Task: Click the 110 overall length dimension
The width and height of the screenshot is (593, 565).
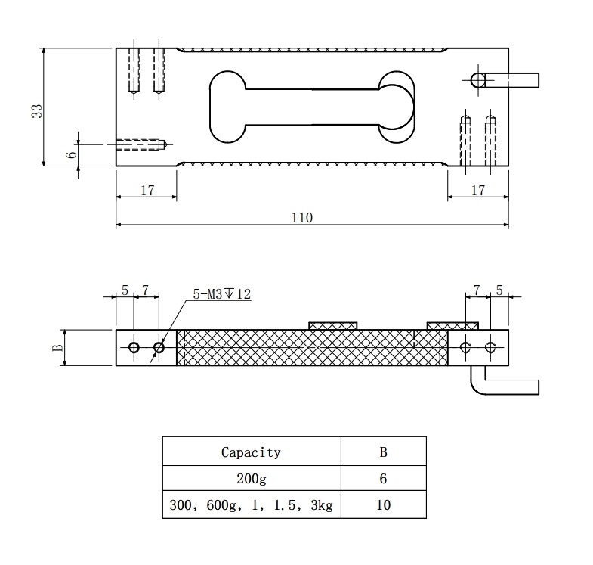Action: tap(302, 218)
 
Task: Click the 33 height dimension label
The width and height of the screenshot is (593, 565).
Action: tap(36, 110)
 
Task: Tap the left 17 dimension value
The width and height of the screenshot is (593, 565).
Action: tap(147, 191)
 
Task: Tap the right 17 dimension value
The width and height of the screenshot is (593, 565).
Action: tap(477, 191)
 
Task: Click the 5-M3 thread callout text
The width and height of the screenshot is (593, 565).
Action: tap(221, 294)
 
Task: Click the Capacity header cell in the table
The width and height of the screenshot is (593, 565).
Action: tap(251, 452)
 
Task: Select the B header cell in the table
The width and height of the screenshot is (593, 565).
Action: tap(383, 452)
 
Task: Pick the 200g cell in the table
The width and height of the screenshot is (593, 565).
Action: tap(251, 479)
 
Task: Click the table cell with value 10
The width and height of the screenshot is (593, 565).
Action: tap(383, 504)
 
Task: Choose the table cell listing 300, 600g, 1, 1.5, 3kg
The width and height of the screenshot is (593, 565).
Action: tap(251, 504)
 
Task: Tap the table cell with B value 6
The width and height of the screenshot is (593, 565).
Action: tap(383, 479)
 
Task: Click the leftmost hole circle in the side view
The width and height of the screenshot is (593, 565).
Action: tap(134, 348)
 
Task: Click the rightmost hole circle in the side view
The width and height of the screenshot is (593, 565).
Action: tap(491, 347)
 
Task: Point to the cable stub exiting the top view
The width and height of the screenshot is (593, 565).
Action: tap(514, 79)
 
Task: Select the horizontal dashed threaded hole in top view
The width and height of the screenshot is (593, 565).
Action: tap(140, 143)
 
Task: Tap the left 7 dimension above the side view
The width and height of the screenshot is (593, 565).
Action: tap(146, 290)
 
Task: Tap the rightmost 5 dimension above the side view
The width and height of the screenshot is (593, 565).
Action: tap(499, 290)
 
